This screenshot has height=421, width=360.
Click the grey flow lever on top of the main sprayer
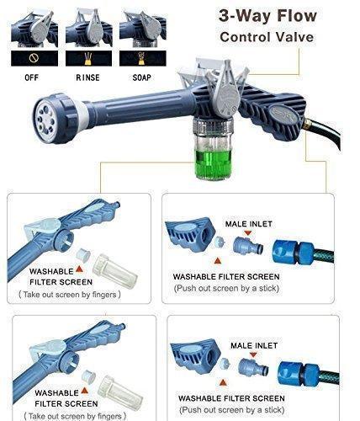[224, 80]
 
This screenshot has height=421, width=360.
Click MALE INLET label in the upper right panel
[247, 225]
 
